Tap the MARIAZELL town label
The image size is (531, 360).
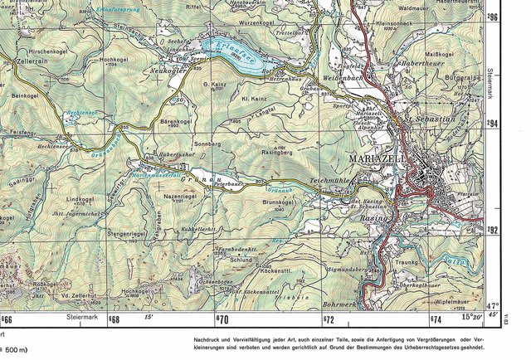tap(378, 158)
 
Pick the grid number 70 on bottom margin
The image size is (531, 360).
tap(222, 319)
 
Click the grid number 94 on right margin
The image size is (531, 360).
tap(493, 123)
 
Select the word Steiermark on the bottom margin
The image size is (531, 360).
tap(84, 317)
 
